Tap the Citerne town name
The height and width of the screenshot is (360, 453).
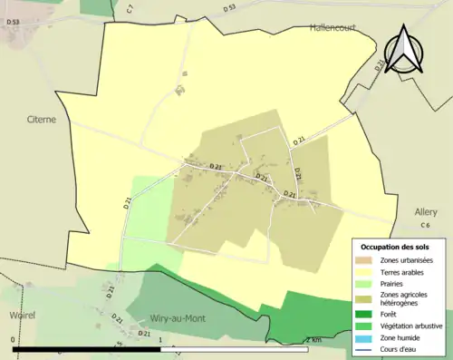(43, 118)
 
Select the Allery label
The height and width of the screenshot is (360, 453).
(426, 211)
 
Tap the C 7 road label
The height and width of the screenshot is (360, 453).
(130, 8)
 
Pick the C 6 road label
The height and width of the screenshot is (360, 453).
(425, 225)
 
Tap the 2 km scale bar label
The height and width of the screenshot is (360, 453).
(313, 340)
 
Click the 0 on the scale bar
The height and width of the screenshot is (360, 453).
(13, 340)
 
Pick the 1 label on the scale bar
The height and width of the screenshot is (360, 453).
(160, 340)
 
